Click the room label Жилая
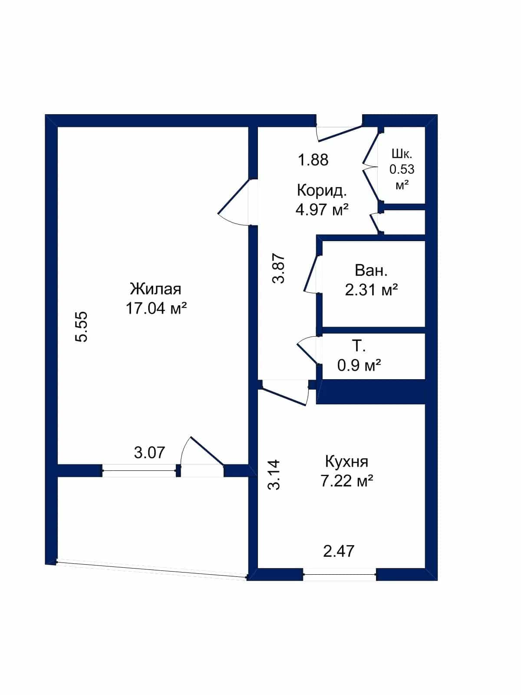point(155,289)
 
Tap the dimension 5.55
point(81,327)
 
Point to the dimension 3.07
point(149,453)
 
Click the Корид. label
point(322,191)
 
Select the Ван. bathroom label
point(371,271)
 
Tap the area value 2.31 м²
point(371,290)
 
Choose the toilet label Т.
point(359,346)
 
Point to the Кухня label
point(347,462)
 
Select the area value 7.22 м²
point(347,481)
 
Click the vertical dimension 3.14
point(274,475)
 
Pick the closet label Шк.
point(402,154)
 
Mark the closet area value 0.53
point(402,170)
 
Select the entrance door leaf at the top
point(340,133)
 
